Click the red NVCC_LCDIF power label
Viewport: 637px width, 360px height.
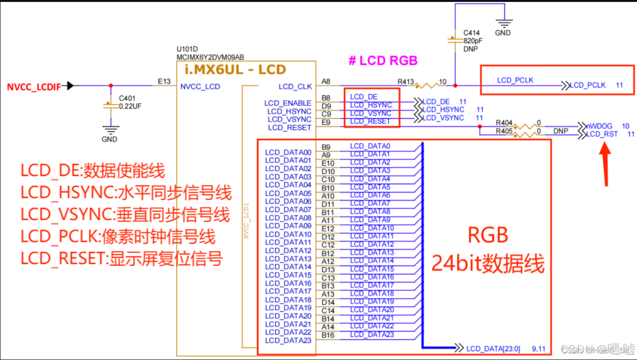tap(33, 87)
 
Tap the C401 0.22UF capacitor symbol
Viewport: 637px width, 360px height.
tap(110, 105)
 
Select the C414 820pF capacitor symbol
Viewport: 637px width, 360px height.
tap(455, 40)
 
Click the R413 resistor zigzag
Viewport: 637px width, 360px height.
tap(426, 86)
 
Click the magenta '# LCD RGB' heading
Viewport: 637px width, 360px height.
tap(383, 61)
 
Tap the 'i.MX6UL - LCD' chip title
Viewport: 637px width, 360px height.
tap(235, 70)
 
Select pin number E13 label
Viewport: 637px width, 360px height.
tap(164, 81)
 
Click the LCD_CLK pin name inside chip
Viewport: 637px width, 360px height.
tap(295, 87)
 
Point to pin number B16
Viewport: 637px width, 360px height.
tap(328, 336)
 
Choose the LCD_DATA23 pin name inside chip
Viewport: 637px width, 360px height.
tap(288, 341)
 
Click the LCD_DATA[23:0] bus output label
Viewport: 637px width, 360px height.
tap(493, 349)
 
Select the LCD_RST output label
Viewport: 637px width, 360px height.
tap(602, 135)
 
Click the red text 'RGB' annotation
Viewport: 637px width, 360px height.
tap(488, 234)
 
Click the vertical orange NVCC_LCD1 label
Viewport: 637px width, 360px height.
tap(246, 221)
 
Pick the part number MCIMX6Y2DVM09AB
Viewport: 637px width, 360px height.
tap(210, 57)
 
